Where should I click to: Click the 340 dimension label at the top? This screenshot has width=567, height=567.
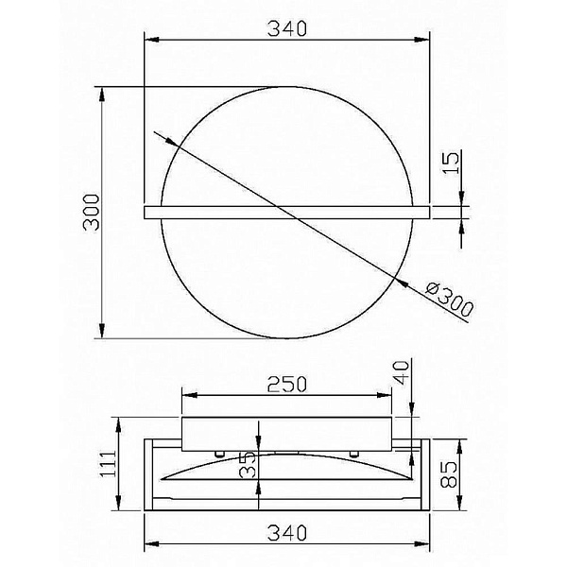point(286,28)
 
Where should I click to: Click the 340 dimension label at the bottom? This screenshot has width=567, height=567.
point(286,533)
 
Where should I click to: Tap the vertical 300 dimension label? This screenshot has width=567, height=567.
point(91,213)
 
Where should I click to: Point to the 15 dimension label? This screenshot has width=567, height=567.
point(451,163)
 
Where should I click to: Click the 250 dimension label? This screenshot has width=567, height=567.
point(286,385)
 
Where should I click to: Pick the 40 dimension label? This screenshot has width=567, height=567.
point(403,372)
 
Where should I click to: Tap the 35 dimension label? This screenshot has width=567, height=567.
point(248,464)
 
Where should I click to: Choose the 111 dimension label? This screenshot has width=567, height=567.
point(109,464)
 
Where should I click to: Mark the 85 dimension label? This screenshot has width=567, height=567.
point(450,475)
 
